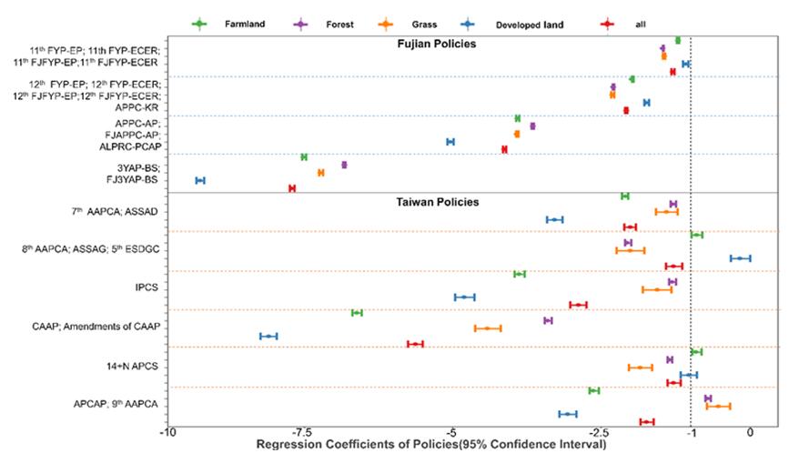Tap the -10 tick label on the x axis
167,434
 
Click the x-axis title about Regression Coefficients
430,445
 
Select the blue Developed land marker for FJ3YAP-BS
200,180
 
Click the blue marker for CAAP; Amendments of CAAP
268,336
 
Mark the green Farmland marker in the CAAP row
357,312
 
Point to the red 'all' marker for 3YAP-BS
292,188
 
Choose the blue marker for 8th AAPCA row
740,258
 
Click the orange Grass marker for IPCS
656,289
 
